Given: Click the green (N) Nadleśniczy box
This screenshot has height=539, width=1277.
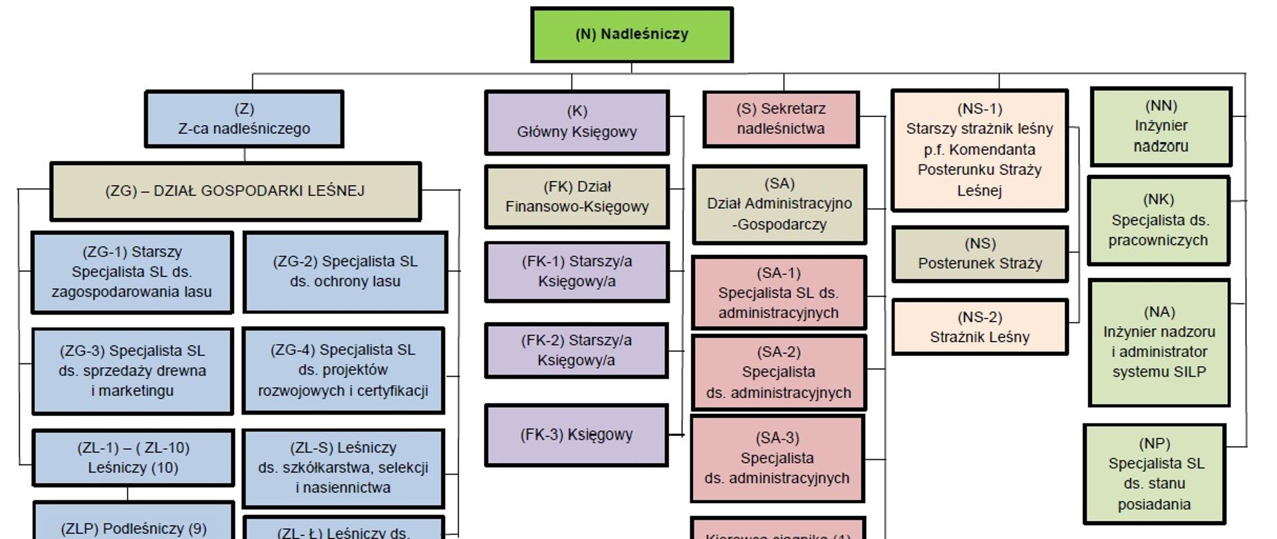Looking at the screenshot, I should click(x=632, y=35).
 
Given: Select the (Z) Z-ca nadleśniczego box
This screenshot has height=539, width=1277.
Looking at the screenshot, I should click(x=244, y=119).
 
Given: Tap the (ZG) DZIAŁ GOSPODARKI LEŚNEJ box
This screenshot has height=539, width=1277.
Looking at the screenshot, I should click(x=235, y=191).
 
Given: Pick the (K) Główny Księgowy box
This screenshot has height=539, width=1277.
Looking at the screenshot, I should click(x=577, y=122).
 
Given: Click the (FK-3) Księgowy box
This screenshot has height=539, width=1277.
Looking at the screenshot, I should click(x=576, y=435).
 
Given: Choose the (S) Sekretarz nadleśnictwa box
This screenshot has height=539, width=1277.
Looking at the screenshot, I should click(x=781, y=119).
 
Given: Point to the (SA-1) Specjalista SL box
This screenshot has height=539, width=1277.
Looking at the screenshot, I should click(x=779, y=293).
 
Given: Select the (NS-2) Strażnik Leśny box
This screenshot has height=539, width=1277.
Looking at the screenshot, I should click(x=980, y=327).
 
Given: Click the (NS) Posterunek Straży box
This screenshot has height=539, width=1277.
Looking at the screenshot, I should click(x=980, y=254).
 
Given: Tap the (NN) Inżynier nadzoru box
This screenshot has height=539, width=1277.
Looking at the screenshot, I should click(x=1161, y=126).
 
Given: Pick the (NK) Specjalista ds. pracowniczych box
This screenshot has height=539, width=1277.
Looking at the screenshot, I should click(x=1158, y=220).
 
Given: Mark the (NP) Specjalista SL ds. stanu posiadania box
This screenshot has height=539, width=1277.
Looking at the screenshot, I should click(x=1154, y=474).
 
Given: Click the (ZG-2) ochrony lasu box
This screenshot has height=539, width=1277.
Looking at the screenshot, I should click(x=345, y=271).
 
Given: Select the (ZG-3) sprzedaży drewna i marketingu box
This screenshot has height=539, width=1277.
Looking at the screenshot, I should click(x=132, y=371).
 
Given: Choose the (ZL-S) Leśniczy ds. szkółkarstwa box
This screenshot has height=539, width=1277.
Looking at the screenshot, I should click(x=343, y=468).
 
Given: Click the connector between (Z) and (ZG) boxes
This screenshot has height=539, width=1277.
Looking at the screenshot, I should click(x=245, y=155).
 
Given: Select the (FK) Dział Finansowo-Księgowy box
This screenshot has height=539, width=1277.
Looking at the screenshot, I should click(x=577, y=197).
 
